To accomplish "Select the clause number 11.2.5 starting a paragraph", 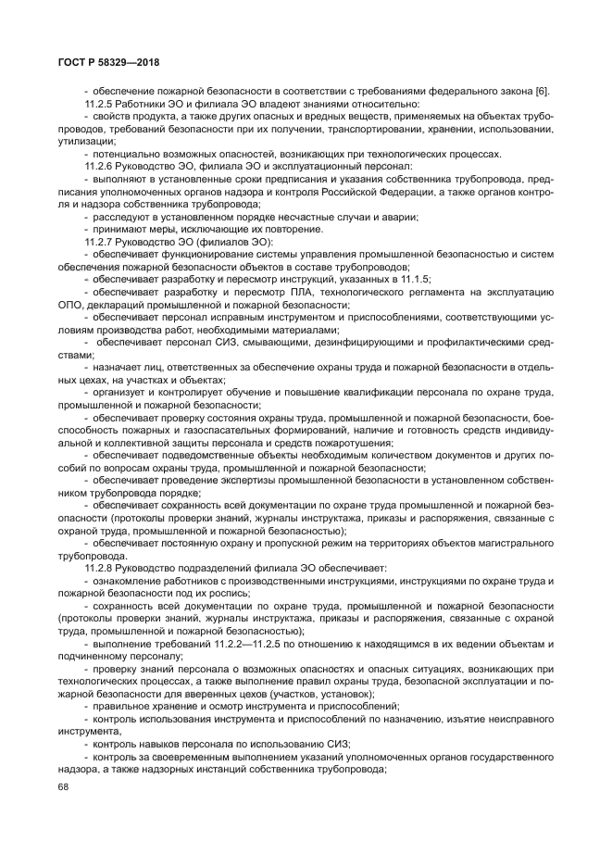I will click(x=99, y=104).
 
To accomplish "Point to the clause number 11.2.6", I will click(x=99, y=164).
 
